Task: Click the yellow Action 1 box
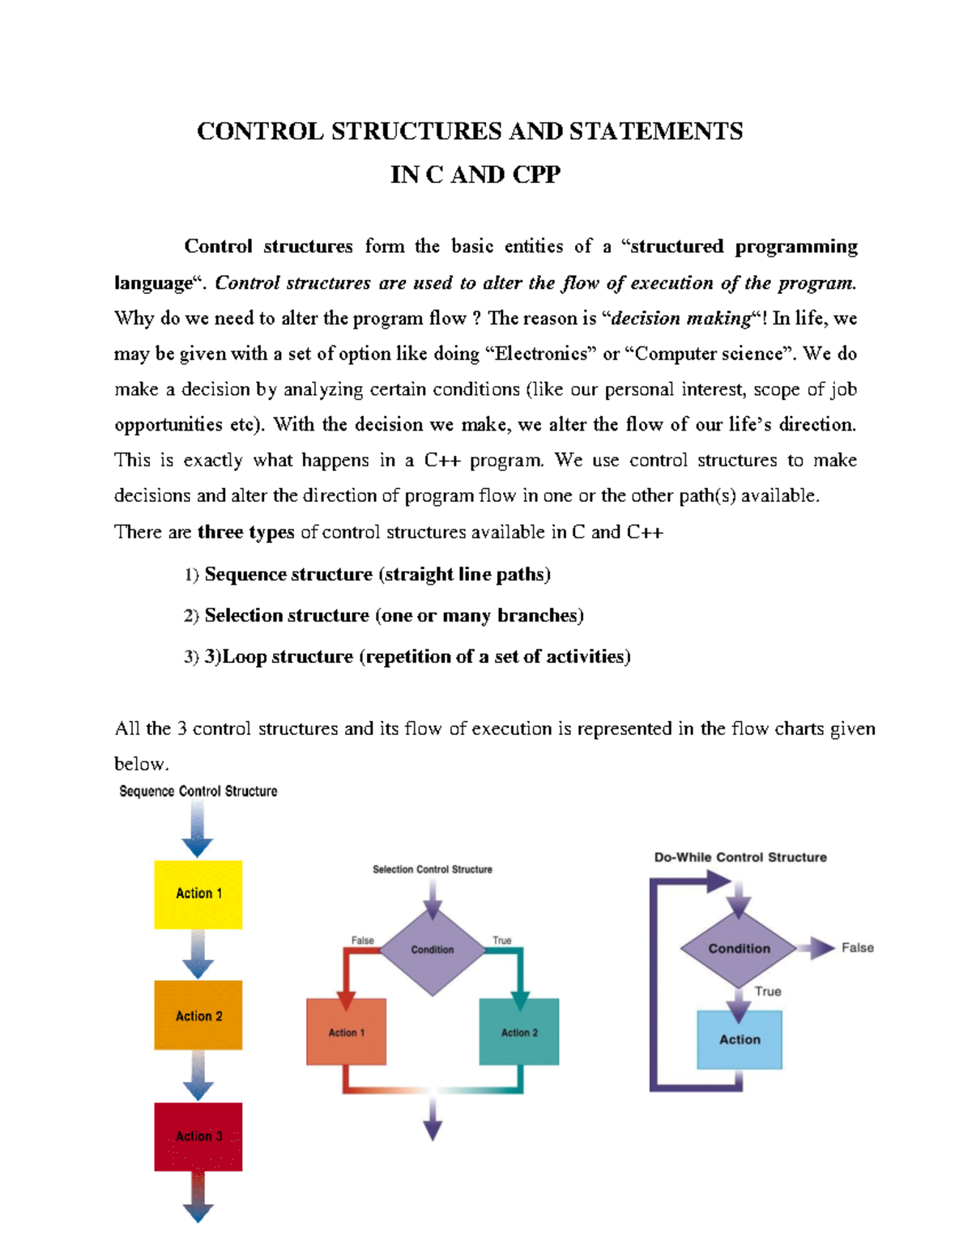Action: [198, 894]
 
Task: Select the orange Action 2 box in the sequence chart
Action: [198, 1015]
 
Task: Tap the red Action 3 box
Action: [198, 1136]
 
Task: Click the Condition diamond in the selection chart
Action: [433, 949]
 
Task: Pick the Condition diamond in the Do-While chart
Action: [739, 949]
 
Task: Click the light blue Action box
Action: [740, 1039]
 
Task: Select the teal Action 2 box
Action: [519, 1032]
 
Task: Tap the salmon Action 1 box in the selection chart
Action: [346, 1032]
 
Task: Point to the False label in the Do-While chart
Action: [857, 948]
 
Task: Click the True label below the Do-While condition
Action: [768, 992]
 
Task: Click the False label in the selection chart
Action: [362, 941]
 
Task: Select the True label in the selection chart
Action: [502, 941]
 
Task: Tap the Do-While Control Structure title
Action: [740, 857]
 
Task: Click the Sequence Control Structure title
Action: [198, 792]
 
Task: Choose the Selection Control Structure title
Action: [433, 869]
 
